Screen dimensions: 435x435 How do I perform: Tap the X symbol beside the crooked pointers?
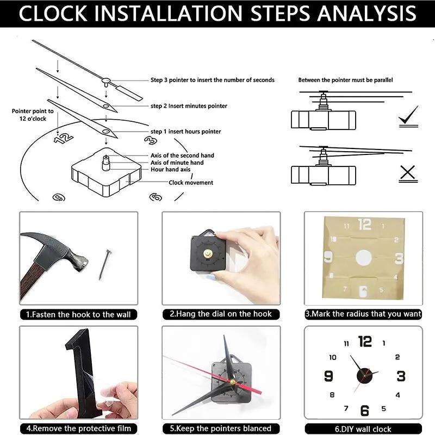[x=407, y=173]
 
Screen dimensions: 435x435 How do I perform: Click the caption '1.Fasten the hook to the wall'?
[x=78, y=314]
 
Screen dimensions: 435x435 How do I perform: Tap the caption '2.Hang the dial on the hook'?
[x=221, y=314]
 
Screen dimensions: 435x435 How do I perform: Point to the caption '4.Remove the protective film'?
[x=78, y=428]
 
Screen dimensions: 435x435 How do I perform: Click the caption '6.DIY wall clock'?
[x=363, y=428]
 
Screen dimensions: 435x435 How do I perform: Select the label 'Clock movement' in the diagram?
[x=191, y=183]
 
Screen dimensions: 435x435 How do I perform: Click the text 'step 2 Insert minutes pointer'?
[x=189, y=106]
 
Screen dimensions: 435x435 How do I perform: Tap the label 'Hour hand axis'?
[x=170, y=170]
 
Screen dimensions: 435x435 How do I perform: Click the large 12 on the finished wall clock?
[x=365, y=341]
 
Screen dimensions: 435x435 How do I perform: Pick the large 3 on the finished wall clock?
[x=401, y=376]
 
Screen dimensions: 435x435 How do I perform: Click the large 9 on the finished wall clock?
[x=328, y=376]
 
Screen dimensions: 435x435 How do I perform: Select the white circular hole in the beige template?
[x=363, y=257]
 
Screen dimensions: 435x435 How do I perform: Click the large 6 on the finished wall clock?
[x=364, y=411]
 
